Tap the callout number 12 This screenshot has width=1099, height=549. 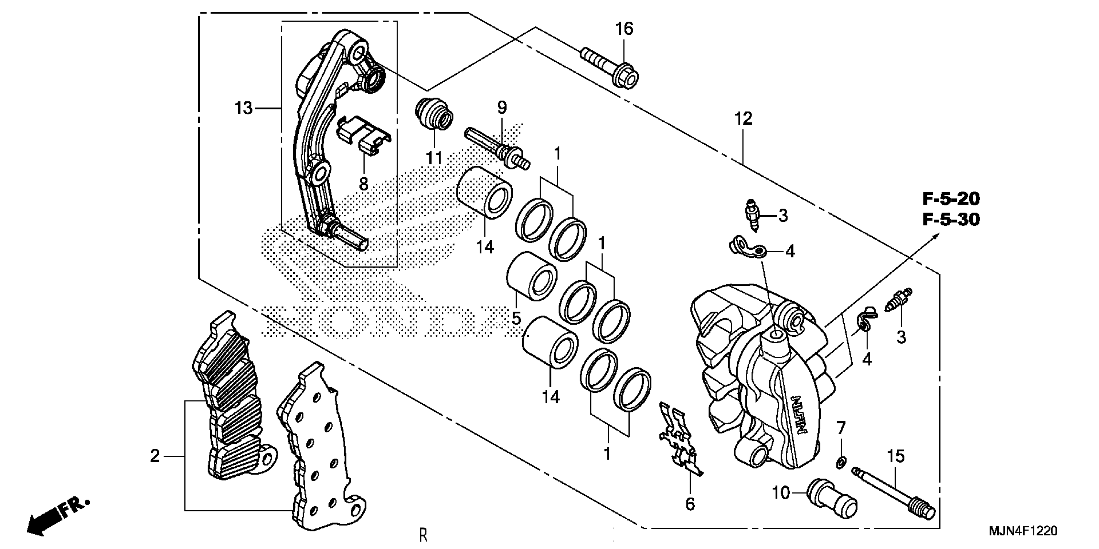743,119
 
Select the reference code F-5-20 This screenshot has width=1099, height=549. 951,199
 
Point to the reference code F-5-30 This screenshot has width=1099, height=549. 951,220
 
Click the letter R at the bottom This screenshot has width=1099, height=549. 423,535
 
